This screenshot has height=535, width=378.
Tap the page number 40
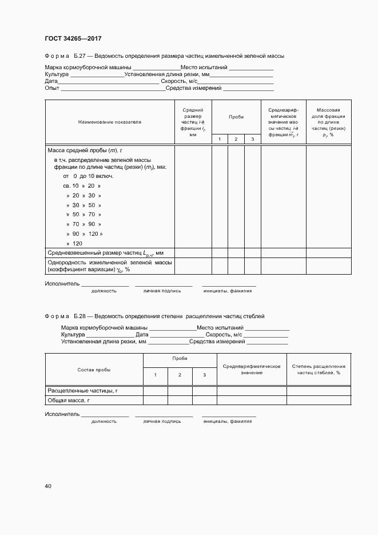pos(48,486)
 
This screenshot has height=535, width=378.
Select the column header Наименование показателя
pos(109,122)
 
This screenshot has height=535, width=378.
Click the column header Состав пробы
pos(94,370)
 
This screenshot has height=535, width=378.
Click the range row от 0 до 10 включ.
pos(88,176)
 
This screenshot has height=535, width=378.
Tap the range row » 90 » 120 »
pos(84,233)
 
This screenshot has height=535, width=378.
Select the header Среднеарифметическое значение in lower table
pos(251,369)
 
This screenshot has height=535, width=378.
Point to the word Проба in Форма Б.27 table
pos(236,116)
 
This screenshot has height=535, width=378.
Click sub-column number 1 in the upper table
pos(220,140)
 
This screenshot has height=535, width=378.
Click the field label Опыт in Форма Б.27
pos(52,88)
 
